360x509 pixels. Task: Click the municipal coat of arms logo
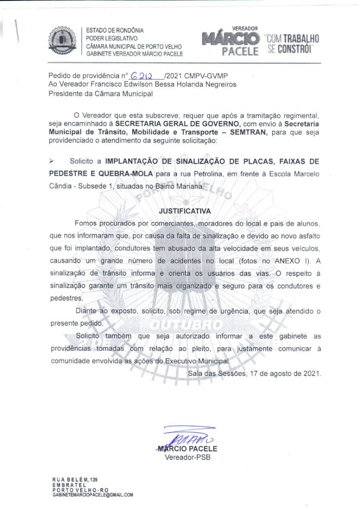click(63, 41)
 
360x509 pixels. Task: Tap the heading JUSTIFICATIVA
click(185, 210)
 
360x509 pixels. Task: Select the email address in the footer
click(93, 495)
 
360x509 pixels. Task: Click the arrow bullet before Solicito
click(52, 161)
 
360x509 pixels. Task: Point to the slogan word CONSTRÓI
click(295, 50)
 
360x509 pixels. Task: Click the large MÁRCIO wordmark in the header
click(231, 39)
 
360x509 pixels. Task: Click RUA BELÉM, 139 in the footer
click(75, 480)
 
